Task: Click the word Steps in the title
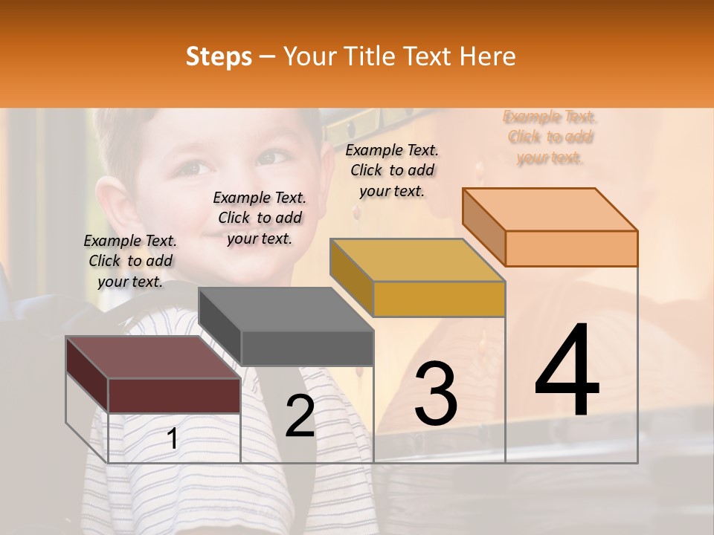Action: (x=219, y=56)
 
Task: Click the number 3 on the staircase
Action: (x=435, y=394)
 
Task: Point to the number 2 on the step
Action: (x=300, y=416)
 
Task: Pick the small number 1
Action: (x=172, y=439)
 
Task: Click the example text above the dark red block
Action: (x=130, y=261)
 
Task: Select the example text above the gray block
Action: (x=260, y=218)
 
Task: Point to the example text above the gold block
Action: (x=392, y=170)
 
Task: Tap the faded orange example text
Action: (x=550, y=137)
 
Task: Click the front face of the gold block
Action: (x=439, y=299)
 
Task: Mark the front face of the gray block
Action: (x=306, y=348)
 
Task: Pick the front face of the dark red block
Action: (x=174, y=395)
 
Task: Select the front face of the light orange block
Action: (x=571, y=248)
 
